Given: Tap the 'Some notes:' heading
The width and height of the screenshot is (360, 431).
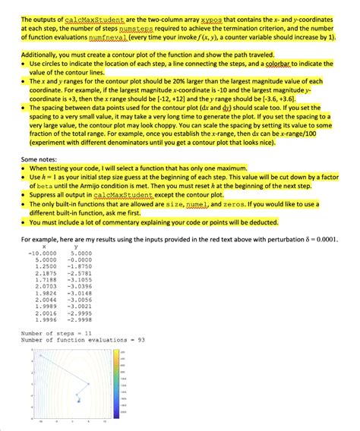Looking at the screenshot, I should (42, 159).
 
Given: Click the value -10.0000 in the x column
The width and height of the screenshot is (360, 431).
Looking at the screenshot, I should (39, 253).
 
